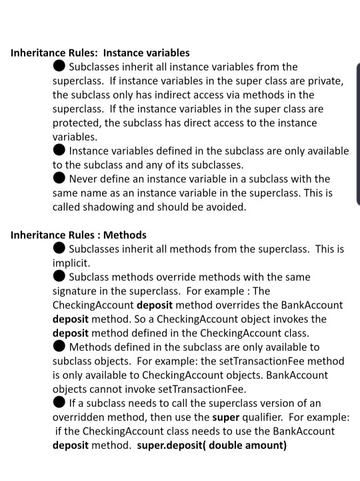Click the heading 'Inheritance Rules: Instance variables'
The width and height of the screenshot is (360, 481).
(x=100, y=53)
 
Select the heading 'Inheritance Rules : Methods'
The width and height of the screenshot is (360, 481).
(x=79, y=235)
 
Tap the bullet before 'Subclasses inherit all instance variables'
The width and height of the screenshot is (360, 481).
(x=59, y=67)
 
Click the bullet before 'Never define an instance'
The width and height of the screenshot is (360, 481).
(x=59, y=179)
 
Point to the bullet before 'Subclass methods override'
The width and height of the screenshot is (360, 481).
(x=59, y=276)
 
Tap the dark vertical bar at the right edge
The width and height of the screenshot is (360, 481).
(x=357, y=133)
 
